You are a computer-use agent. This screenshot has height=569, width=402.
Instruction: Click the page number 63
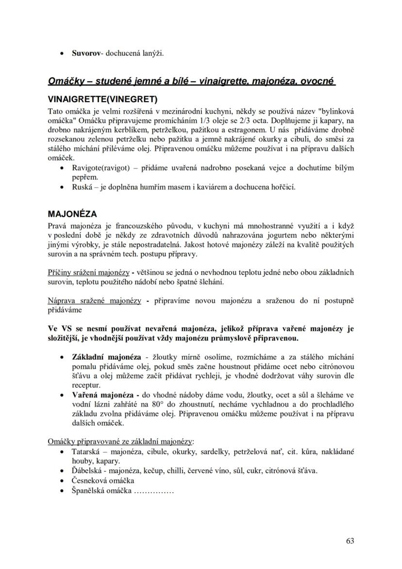(x=350, y=541)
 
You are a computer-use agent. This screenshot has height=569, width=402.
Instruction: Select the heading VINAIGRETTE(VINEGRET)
(x=102, y=100)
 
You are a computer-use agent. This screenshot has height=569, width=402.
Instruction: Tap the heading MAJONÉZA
(x=72, y=214)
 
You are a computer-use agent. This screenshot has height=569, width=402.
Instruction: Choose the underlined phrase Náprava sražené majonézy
(x=94, y=301)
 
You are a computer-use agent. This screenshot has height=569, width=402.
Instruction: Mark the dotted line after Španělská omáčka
(x=153, y=490)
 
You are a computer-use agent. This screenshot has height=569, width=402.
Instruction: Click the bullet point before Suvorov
(x=61, y=53)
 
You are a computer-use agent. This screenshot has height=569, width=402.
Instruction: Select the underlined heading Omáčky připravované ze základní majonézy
(x=120, y=441)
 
